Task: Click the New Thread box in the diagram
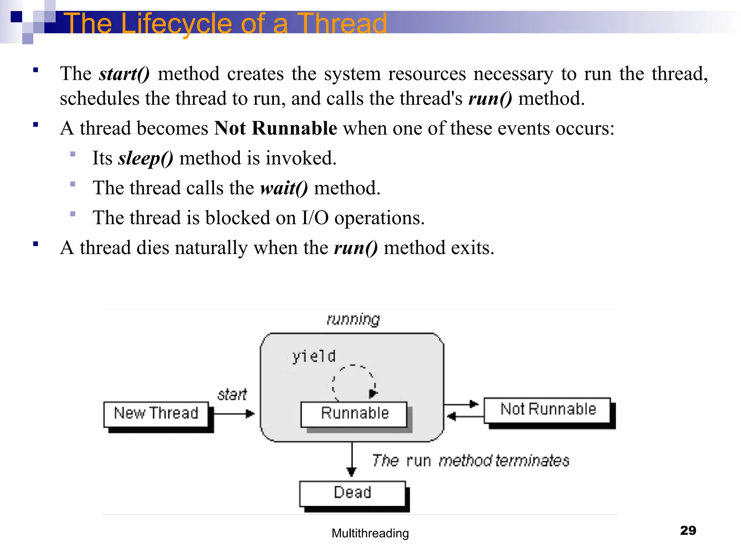coord(156,414)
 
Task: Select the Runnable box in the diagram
coord(354,414)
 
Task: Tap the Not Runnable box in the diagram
coord(547,410)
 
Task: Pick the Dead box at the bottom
coord(352,493)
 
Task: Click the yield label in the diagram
coord(314,357)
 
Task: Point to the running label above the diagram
coord(353,319)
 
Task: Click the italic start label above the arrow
coord(232,395)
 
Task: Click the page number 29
coord(688,530)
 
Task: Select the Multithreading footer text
coord(370,533)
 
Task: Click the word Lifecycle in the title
coord(176,23)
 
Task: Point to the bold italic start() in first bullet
coord(124,74)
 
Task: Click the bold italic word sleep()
coord(146,158)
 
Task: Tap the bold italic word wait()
coord(284,188)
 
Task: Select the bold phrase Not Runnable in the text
coord(276,128)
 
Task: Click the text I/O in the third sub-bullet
coord(315,218)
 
